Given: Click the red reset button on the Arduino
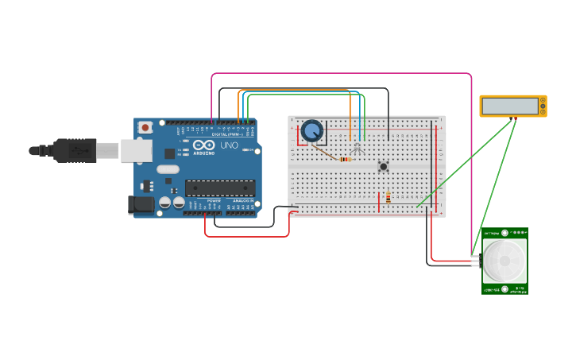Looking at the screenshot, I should coord(145,127).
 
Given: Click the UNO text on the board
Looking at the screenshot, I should coord(229,145).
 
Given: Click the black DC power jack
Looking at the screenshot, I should coord(141,204).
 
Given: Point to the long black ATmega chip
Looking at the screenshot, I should coord(220,188).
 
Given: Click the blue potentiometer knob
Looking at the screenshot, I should coord(311,130).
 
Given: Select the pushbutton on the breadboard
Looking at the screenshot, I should coord(383,166).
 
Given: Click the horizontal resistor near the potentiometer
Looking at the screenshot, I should coord(345,159).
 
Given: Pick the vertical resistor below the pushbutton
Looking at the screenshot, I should coord(388,198).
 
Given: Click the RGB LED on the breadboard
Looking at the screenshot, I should coord(358,149).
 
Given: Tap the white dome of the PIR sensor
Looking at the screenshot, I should coord(504,260).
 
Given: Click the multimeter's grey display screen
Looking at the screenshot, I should coord(509,106).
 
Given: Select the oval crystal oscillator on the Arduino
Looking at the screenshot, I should coord(168,168).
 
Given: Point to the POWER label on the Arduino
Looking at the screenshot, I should coord(214,201).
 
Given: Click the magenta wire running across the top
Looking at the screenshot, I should coord(342,74).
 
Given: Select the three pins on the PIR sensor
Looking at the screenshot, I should coord(476,261).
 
